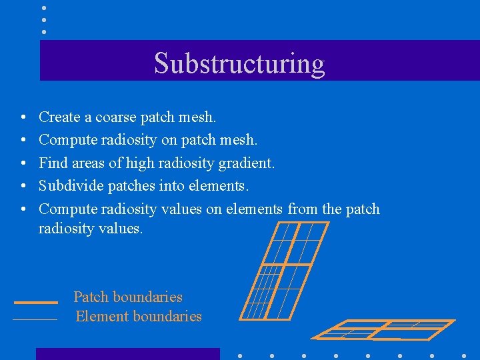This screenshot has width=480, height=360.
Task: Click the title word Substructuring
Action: [x=239, y=63]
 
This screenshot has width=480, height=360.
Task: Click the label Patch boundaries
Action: [x=128, y=297]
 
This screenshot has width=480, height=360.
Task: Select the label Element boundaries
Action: [x=139, y=317]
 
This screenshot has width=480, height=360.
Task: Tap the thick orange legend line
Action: [x=35, y=302]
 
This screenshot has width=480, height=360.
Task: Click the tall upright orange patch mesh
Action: [x=283, y=270]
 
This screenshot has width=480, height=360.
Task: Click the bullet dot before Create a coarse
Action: [x=23, y=118]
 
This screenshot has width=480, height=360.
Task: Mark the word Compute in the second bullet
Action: [x=68, y=141]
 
